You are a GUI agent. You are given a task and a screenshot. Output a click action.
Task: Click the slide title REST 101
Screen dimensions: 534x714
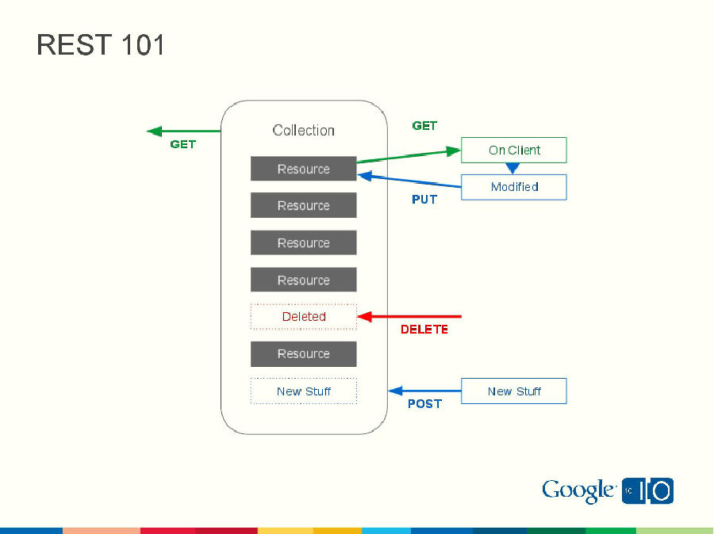click(101, 45)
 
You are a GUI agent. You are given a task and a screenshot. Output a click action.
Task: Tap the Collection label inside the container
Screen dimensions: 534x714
click(303, 131)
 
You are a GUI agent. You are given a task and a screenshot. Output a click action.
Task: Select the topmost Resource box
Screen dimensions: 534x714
click(303, 169)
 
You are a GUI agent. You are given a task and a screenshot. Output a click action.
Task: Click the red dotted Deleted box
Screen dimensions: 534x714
click(303, 317)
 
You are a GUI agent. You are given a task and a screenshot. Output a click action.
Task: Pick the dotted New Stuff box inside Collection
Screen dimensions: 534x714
click(303, 391)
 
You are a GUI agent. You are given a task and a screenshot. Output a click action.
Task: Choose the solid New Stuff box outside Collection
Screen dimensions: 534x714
click(513, 391)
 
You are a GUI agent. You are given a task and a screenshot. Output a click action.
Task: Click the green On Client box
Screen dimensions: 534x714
click(513, 150)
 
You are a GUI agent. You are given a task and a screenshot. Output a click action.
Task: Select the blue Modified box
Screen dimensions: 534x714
click(513, 187)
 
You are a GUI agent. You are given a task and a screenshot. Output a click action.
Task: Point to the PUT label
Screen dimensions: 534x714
click(424, 200)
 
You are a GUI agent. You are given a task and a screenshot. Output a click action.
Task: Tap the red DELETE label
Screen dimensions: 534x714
click(424, 329)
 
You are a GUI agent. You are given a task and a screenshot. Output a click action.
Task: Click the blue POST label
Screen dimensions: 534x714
click(424, 403)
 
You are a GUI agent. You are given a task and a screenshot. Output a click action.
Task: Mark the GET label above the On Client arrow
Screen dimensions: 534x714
click(424, 126)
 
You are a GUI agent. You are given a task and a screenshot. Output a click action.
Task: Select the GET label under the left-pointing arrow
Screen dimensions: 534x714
click(182, 145)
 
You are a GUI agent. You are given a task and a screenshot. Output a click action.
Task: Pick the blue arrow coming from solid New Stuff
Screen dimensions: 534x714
click(424, 391)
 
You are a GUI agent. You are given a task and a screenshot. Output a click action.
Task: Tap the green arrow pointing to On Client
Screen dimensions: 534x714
click(409, 156)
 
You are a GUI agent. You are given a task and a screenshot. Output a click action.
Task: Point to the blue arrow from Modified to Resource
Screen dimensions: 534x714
click(409, 181)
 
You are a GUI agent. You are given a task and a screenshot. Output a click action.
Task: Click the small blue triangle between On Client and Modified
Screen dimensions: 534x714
click(512, 168)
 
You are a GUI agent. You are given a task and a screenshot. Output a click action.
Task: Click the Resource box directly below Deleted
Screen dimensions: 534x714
click(303, 354)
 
